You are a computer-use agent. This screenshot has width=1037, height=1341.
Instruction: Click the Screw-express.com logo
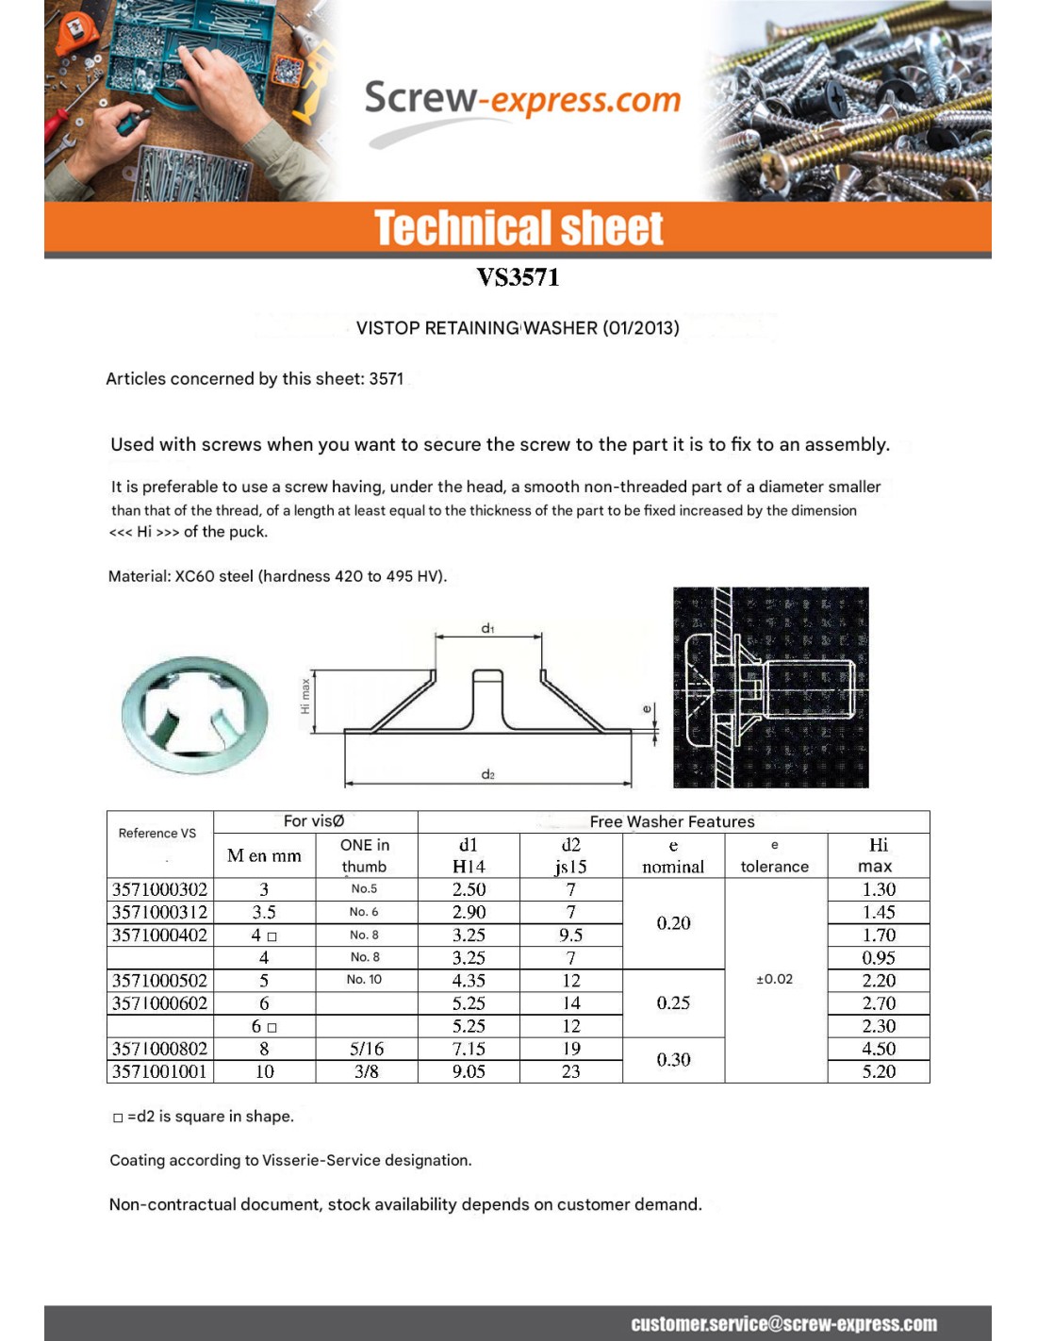pos(521,102)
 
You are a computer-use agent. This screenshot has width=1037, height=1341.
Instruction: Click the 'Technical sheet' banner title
pos(518,228)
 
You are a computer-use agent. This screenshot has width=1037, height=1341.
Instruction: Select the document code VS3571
pos(518,277)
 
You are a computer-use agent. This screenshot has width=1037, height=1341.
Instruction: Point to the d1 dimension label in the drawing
pos(487,628)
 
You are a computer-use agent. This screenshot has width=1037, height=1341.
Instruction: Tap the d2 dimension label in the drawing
pos(487,774)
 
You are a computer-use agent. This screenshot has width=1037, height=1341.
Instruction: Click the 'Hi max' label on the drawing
pos(305,696)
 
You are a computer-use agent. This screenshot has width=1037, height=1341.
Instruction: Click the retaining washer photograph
pos(194,716)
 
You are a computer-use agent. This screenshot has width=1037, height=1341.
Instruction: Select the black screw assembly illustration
pos(770,687)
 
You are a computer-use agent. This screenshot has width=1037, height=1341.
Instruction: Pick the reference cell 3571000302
pos(159,889)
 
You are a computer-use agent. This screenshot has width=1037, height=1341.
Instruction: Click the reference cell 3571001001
pos(159,1071)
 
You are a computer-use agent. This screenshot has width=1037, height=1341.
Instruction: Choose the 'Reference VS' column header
pos(157,834)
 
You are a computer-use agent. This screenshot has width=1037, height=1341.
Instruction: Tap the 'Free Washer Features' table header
pos(672,821)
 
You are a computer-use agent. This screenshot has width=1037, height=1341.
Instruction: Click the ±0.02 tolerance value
pos(775,979)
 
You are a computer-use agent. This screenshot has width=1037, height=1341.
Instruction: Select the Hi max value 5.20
pos(879,1071)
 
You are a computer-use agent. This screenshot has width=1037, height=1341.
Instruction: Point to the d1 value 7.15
pos(469,1049)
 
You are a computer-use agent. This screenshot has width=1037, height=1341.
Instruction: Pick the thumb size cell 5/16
pos(366,1049)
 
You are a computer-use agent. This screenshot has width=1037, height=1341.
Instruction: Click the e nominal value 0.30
pos(673,1060)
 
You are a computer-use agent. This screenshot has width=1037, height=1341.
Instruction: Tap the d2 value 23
pos(570,1071)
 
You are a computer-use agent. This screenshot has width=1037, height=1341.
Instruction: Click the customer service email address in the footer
pos(783,1324)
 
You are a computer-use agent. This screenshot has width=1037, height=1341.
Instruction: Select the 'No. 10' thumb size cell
pos(364,980)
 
